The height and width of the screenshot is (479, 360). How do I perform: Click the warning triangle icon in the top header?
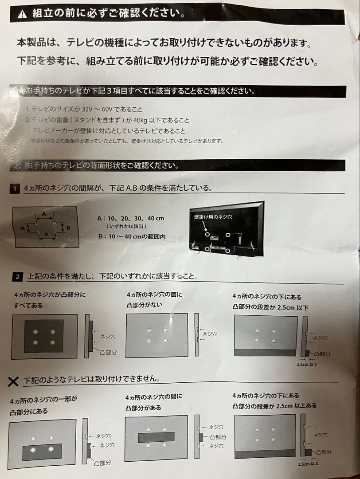click(23, 14)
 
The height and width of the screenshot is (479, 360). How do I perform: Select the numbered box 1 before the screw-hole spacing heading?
click(15, 189)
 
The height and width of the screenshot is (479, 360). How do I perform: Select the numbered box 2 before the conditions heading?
click(17, 277)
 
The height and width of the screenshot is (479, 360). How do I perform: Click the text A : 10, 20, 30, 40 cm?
click(130, 218)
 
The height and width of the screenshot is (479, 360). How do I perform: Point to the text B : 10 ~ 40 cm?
click(132, 237)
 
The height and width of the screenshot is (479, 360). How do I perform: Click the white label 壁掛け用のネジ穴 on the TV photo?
click(213, 217)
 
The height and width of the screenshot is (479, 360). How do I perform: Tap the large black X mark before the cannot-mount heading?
click(14, 381)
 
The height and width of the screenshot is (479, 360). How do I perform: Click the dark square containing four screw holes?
click(43, 336)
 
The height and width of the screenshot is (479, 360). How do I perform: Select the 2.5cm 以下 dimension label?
click(307, 364)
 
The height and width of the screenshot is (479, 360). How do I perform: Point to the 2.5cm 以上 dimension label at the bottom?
click(308, 464)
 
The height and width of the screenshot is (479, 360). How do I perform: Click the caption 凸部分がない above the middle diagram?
click(145, 305)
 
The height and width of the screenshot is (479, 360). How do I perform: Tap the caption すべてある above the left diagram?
click(28, 306)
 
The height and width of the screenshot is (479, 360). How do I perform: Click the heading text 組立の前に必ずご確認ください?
click(109, 14)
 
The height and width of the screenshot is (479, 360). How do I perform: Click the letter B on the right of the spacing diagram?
click(68, 228)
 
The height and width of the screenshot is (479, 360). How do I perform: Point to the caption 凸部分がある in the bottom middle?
click(143, 408)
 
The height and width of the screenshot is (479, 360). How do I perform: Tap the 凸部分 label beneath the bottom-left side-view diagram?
click(102, 463)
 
